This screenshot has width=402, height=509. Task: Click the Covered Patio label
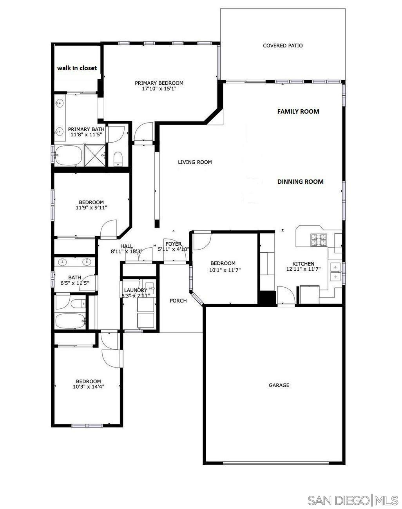(282, 45)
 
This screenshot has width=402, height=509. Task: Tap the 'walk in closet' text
(77, 68)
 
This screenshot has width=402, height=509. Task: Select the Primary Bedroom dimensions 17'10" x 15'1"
(159, 89)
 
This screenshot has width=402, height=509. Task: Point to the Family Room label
(298, 111)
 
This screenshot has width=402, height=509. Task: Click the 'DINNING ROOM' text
(300, 181)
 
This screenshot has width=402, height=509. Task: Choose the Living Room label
(195, 162)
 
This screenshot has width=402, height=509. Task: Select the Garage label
(279, 385)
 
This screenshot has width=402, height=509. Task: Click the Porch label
(178, 301)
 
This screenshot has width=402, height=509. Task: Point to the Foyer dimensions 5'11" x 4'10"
(174, 249)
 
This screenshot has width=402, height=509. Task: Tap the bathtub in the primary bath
(68, 156)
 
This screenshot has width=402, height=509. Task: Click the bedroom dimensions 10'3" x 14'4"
(89, 387)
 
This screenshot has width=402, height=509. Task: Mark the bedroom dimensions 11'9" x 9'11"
(91, 208)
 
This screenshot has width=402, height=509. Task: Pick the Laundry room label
(135, 290)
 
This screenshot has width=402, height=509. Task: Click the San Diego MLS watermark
(352, 500)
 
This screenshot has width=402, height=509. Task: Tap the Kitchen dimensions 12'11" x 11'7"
(303, 269)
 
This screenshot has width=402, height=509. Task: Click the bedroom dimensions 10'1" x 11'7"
(223, 270)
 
